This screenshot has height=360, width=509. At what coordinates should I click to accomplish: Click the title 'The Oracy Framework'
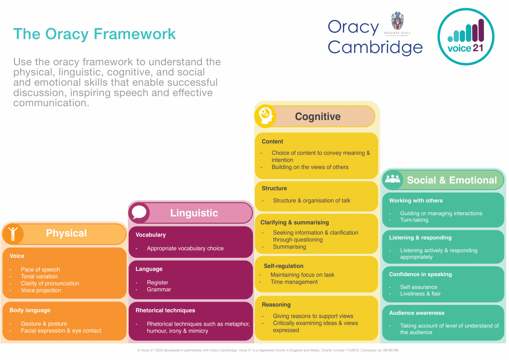94,34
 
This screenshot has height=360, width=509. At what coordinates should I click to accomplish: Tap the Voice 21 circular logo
466,37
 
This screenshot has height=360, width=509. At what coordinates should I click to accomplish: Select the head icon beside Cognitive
265,116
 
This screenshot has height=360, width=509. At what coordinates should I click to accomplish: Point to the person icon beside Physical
13,233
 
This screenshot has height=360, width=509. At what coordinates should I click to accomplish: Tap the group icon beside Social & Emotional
393,179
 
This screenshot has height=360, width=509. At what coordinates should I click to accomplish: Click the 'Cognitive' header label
317,116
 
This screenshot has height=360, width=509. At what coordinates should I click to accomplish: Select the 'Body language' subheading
30,310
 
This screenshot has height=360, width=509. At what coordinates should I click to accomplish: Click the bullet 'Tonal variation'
39,276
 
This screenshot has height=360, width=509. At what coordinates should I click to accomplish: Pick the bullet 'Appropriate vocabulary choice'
185,248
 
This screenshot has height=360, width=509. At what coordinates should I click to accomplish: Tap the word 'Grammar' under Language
159,289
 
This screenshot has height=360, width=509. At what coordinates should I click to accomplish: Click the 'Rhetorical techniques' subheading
165,310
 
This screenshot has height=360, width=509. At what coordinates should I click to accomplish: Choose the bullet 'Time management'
294,282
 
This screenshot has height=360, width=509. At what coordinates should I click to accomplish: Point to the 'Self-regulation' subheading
283,266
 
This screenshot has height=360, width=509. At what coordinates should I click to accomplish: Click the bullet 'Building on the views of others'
310,167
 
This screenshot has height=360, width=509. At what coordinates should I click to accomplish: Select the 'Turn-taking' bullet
414,220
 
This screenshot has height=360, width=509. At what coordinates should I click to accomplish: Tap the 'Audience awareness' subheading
416,313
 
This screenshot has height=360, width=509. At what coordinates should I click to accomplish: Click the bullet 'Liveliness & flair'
420,294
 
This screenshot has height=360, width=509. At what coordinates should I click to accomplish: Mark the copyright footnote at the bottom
268,350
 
